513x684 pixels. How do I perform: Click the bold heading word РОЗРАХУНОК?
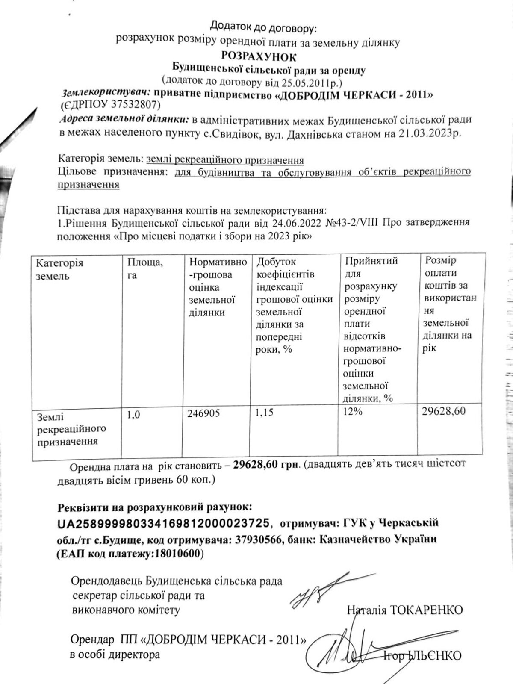pyautogui.click(x=258, y=56)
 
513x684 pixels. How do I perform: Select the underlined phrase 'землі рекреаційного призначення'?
pyautogui.click(x=225, y=160)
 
